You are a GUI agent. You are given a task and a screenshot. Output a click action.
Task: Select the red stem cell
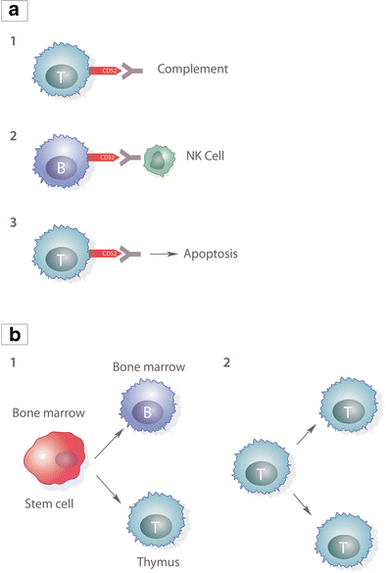click(x=58, y=460)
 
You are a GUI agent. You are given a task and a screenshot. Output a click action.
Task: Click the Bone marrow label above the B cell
click(x=148, y=366)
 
